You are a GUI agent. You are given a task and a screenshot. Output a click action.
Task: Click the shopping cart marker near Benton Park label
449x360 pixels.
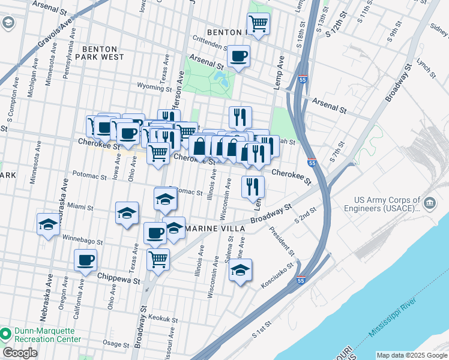pyautogui.click(x=258, y=25)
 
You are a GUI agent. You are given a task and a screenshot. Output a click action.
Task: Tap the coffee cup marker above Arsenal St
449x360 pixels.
pyautogui.click(x=238, y=56)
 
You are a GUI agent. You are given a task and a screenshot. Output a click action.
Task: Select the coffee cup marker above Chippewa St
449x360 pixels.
pyautogui.click(x=85, y=260)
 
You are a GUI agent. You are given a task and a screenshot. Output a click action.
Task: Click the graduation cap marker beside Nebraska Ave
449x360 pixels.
pyautogui.click(x=48, y=224)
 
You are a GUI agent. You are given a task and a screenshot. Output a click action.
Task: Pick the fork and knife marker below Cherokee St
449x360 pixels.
pyautogui.click(x=253, y=186)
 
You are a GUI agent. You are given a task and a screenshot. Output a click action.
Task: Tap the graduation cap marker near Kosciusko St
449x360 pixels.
pyautogui.click(x=240, y=270)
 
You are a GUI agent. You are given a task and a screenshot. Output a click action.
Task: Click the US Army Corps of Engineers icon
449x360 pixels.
pyautogui.click(x=429, y=203)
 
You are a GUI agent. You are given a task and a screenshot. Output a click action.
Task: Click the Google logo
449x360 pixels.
pyautogui.click(x=20, y=353)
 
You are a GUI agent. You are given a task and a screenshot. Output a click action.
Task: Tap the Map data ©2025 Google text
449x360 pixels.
pyautogui.click(x=411, y=355)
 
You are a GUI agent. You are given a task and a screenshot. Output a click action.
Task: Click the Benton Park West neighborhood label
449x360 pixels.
pyautogui.click(x=103, y=53)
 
